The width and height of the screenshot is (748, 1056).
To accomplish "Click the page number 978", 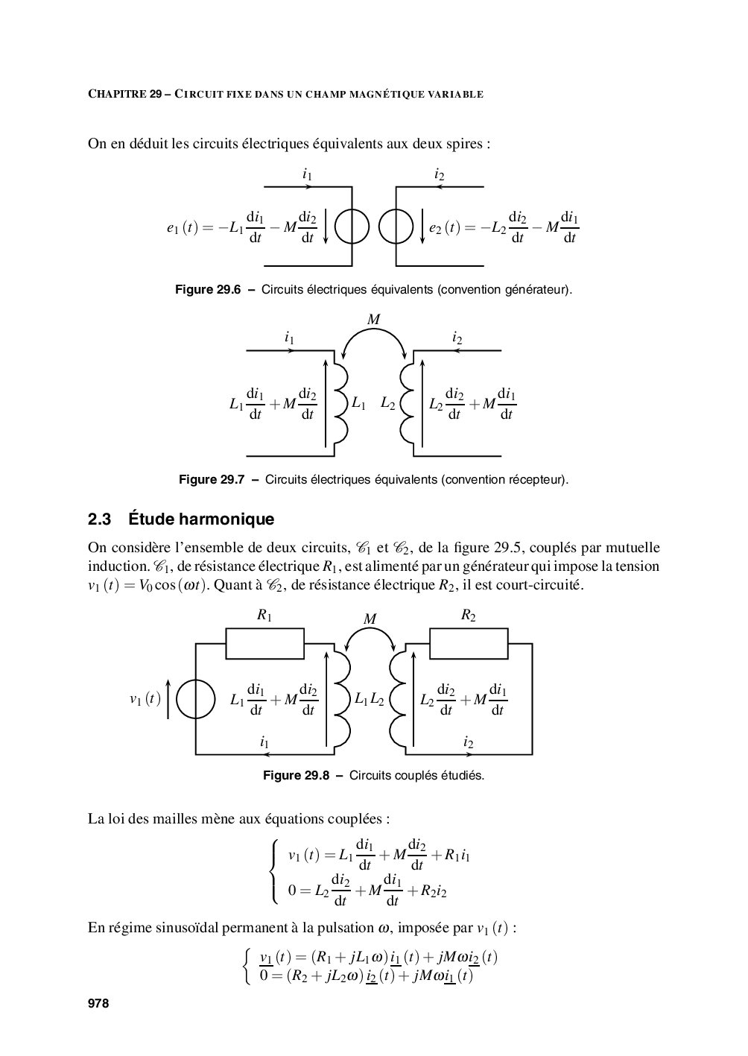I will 98,1004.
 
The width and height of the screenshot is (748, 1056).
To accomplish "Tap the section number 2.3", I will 99,519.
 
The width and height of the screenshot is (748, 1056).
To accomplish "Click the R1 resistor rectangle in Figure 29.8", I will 264,643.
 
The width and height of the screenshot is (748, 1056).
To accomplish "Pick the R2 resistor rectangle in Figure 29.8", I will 469,643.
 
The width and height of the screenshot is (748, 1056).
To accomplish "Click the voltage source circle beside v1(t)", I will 196,699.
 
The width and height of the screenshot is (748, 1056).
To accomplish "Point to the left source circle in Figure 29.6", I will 352,227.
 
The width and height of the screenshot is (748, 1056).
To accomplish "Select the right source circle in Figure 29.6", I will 396,227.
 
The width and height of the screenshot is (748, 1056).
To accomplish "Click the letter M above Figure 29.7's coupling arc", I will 373,320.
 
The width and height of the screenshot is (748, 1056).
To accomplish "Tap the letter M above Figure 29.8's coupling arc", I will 370,619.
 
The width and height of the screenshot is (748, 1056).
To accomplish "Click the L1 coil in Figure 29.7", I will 340,403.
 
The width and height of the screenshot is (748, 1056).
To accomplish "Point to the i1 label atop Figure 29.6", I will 307,174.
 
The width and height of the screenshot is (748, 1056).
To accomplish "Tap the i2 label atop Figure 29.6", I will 440,174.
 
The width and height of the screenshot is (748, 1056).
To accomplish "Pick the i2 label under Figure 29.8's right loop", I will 468,742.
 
